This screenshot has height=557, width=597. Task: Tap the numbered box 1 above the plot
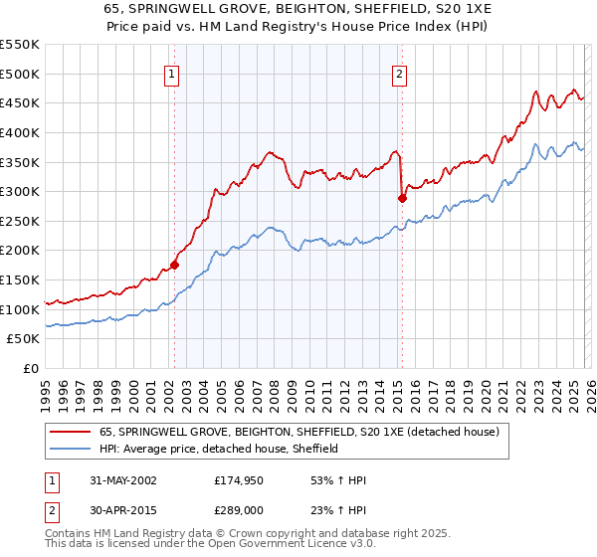pos(172,74)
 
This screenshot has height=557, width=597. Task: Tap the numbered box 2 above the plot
pos(399,74)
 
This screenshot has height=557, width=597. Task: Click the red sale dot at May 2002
pos(174,265)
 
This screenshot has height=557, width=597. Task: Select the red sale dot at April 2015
pos(402,198)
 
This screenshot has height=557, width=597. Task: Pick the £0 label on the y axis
pos(30,369)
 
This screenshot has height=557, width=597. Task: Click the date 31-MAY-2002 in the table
pos(121,480)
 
